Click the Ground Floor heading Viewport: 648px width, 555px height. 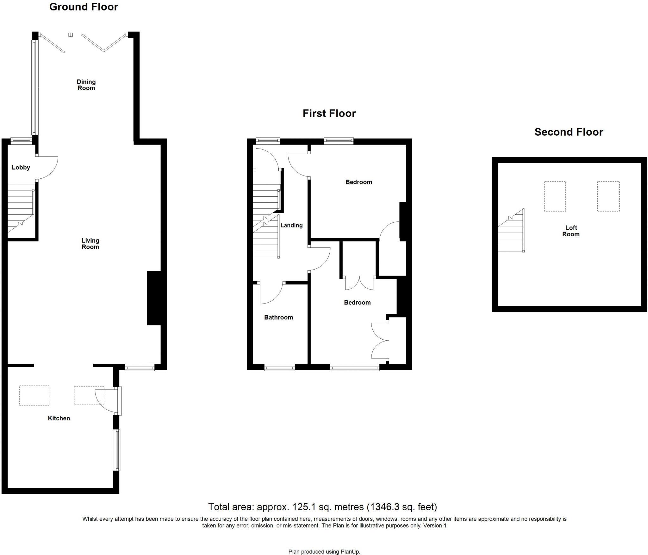pos(84,7)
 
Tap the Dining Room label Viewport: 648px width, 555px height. pos(86,85)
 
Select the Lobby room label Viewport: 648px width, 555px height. pos(21,167)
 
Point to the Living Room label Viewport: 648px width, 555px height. pos(90,244)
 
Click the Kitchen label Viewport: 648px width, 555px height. pos(59,418)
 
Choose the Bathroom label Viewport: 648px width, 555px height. pos(278,317)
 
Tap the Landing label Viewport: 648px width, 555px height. pos(291,225)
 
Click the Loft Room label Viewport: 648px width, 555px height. pos(571,231)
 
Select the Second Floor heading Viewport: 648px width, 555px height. pos(569,132)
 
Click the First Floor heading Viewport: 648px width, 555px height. pos(329,113)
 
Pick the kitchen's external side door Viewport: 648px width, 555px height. pos(117,401)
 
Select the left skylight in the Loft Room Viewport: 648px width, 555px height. pos(555,196)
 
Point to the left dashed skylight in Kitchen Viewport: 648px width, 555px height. pos(34,395)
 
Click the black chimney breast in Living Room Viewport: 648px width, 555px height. pos(154,298)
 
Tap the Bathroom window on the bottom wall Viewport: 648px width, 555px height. pos(280,367)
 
